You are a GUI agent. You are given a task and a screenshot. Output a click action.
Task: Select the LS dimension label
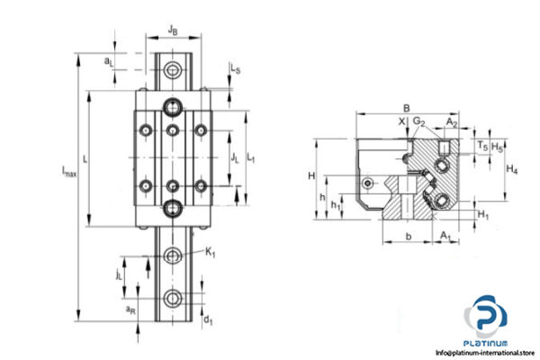coord(234,67)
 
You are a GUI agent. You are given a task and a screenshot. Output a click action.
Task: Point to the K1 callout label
coord(210,254)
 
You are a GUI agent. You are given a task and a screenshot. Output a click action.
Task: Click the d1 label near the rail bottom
coord(209,319)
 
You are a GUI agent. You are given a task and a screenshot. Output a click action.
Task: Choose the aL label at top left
coord(109,60)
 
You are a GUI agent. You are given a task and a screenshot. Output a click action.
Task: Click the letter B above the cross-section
coord(407,107)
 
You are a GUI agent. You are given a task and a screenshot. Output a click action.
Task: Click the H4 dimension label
coord(511,168)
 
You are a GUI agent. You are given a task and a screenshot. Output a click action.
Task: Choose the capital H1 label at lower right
coord(483,214)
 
